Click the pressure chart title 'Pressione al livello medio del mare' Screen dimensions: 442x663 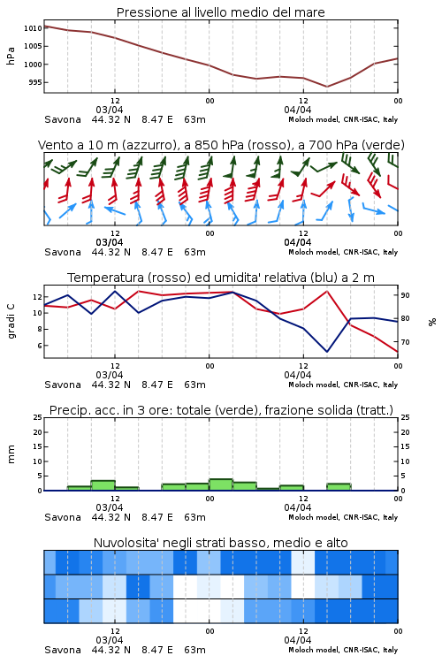click(220, 12)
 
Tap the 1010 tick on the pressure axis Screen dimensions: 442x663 click(33, 28)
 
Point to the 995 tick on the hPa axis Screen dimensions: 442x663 click(35, 82)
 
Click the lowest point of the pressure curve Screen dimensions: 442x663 click(326, 87)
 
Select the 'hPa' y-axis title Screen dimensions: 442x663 click(11, 56)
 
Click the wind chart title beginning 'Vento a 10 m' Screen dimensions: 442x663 click(221, 145)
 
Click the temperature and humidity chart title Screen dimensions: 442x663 click(221, 278)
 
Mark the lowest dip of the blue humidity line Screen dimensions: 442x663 click(327, 351)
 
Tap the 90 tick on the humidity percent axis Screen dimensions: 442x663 click(405, 295)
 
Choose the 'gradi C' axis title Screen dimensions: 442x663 click(11, 322)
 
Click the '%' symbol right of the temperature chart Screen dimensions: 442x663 click(432, 322)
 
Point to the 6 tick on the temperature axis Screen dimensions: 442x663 click(40, 346)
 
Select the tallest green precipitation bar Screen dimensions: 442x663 click(221, 484)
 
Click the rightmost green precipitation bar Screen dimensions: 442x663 click(339, 487)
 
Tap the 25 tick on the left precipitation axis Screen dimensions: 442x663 click(38, 417)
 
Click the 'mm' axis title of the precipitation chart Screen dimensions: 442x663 click(11, 454)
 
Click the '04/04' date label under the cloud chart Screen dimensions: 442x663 click(298, 640)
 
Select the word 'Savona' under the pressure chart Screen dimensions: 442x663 click(63, 119)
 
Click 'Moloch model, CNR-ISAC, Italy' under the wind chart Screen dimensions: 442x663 click(343, 252)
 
